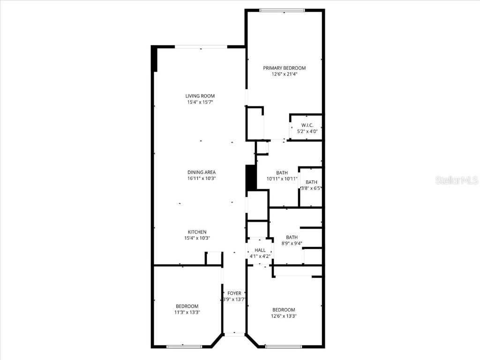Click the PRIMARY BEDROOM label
[x=284, y=68]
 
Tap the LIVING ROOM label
[x=200, y=96]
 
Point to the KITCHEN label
[x=197, y=232]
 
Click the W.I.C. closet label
[x=307, y=125]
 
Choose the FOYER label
[x=234, y=293]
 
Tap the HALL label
[x=260, y=251]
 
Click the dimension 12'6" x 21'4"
[x=284, y=74]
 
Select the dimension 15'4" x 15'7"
[x=200, y=102]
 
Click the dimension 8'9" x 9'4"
[x=292, y=243]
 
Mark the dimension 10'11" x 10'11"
[x=282, y=179]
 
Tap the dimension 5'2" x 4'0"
[x=307, y=131]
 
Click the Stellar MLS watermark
[x=456, y=180]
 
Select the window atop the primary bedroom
[x=282, y=10]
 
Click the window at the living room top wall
[x=201, y=46]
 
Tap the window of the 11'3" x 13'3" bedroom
[x=184, y=346]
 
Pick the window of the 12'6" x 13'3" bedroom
[x=283, y=346]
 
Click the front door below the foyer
[x=234, y=334]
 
